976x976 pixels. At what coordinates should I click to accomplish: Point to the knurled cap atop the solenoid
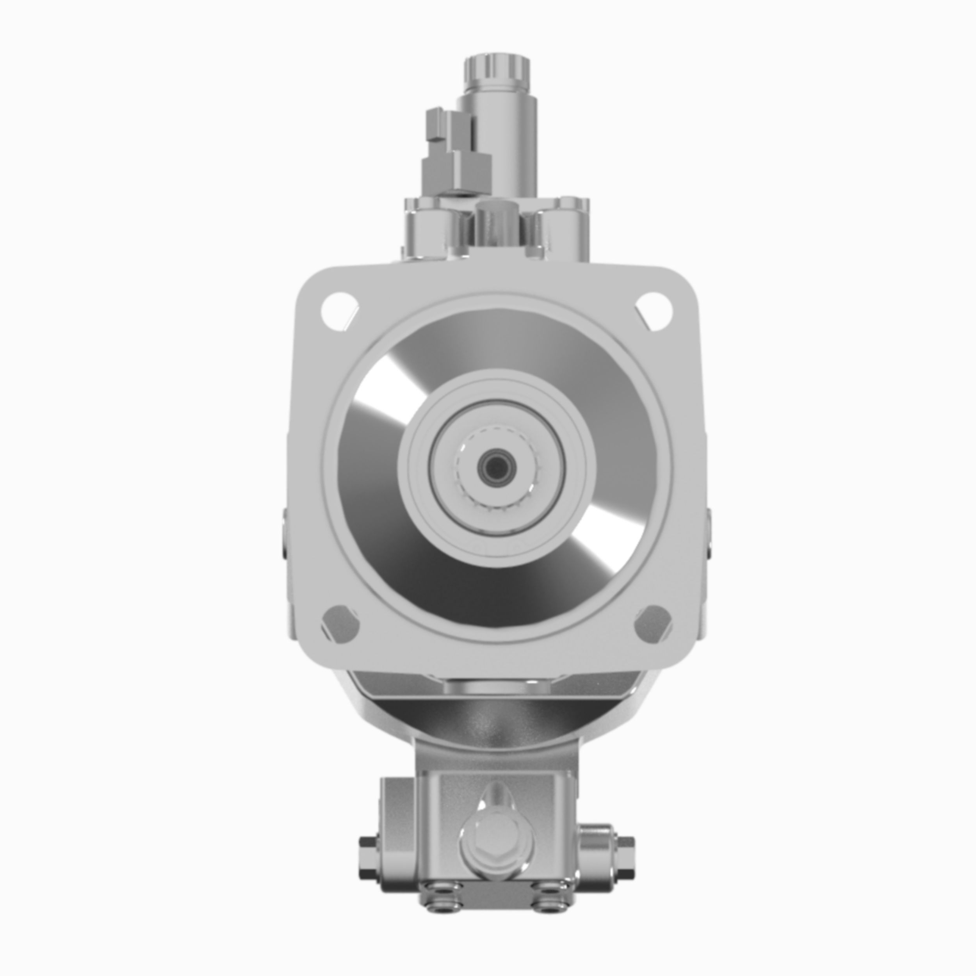click(x=497, y=71)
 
